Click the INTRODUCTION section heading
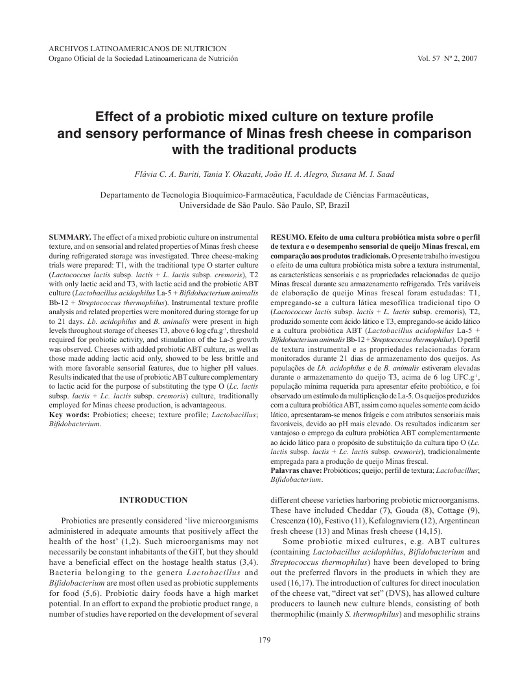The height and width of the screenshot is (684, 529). coord(154,500)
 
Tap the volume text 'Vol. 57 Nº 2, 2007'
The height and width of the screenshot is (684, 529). coord(448,58)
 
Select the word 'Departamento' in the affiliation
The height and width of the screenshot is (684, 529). coord(125,194)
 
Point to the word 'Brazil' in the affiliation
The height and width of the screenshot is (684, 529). coord(336,205)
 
